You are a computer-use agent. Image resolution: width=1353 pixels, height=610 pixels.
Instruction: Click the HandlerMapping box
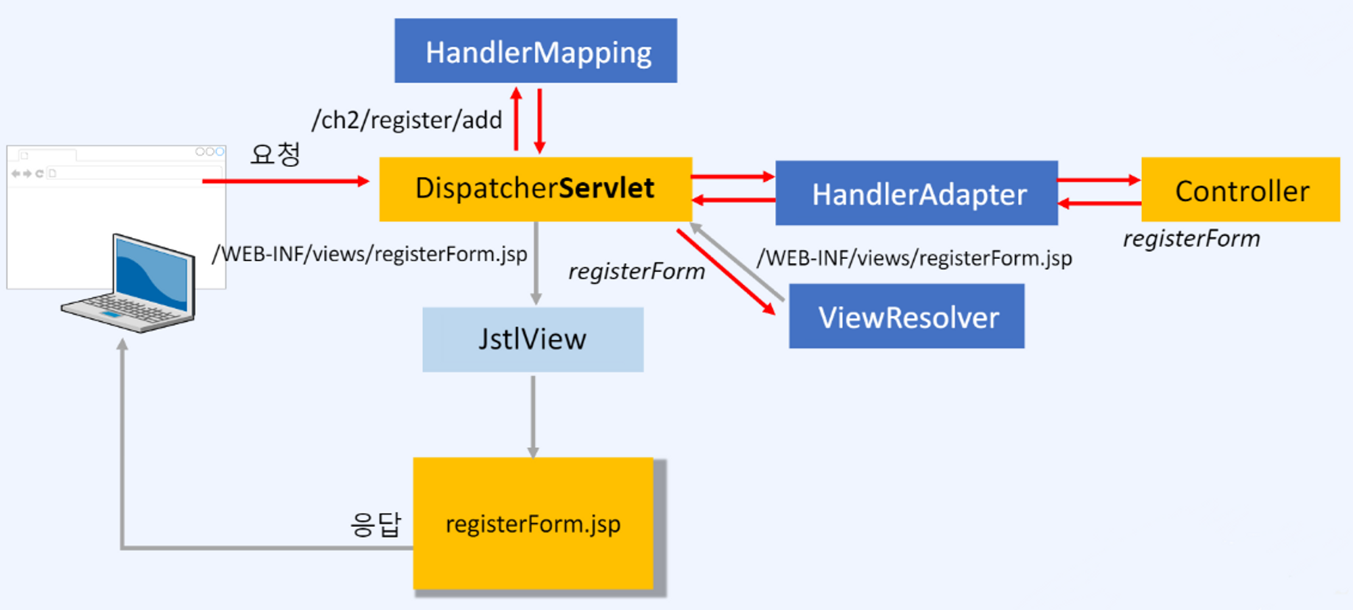[x=535, y=51]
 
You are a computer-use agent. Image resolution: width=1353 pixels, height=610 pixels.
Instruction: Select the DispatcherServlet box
[x=535, y=189]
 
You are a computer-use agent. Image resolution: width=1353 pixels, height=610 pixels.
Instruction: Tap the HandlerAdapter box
[x=916, y=193]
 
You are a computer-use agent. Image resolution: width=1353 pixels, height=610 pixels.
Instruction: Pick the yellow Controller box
[x=1240, y=190]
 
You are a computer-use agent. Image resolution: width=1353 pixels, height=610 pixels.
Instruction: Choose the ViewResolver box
[x=907, y=316]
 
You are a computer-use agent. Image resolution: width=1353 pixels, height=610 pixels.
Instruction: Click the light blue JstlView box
[x=532, y=339]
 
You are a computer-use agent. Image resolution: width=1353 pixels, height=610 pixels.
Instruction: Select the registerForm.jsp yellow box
[x=533, y=524]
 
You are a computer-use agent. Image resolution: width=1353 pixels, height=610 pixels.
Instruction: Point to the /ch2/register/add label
[x=407, y=120]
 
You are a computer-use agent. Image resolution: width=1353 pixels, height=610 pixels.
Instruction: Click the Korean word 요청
[x=275, y=154]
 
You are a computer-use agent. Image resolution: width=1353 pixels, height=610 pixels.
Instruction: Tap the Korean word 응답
[x=375, y=524]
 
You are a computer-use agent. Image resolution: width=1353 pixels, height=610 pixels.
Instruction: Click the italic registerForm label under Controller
[x=1191, y=239]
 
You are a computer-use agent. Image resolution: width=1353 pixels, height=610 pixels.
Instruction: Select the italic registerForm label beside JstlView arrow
[x=636, y=271]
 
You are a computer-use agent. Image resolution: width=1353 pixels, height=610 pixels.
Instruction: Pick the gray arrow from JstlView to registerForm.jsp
[x=533, y=416]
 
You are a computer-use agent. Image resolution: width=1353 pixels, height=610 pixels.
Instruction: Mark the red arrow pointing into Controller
[x=1099, y=180]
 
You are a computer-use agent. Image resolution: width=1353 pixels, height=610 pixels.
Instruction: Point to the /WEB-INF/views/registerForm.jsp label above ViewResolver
[x=914, y=258]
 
